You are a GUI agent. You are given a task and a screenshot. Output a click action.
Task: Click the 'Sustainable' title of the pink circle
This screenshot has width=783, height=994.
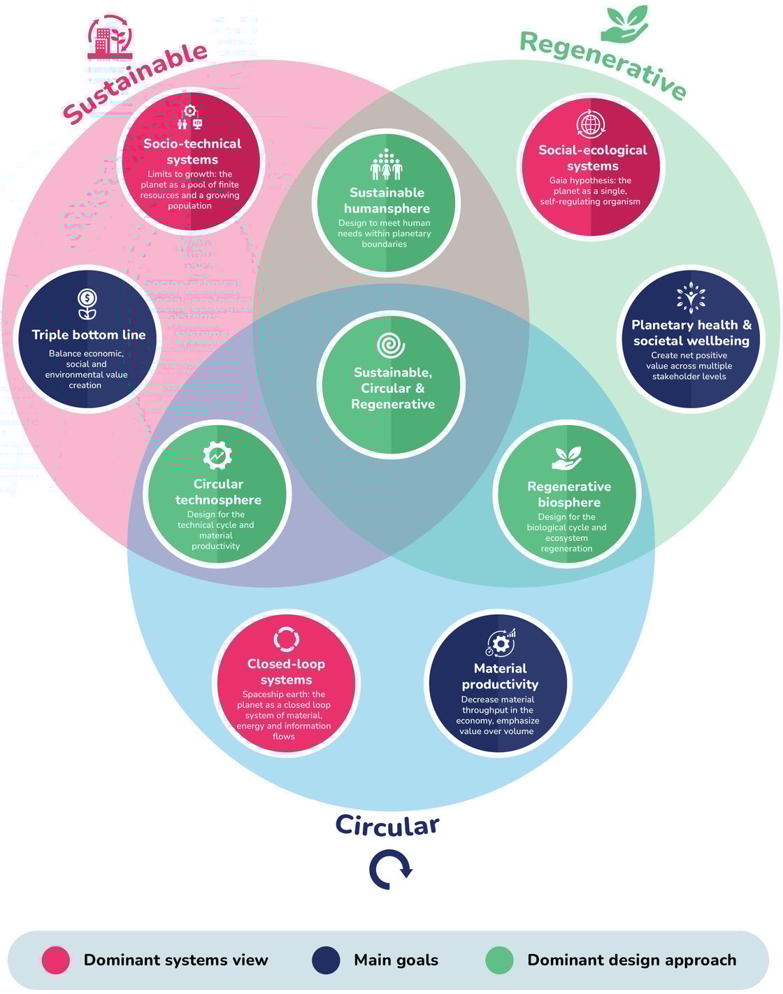pos(136,82)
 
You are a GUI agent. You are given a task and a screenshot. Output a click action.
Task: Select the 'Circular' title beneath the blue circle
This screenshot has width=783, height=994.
pos(387,825)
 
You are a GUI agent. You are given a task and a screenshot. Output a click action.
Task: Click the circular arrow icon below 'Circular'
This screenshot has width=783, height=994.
pos(390,870)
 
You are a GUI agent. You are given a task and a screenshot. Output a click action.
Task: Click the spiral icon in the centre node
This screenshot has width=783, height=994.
pos(391,345)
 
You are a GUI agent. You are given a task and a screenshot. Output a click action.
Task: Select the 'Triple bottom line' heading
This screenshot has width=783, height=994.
pos(89,335)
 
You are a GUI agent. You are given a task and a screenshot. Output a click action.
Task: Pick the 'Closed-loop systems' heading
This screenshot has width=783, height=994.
pos(286,672)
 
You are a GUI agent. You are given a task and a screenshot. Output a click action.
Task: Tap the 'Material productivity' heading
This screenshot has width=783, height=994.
pos(500,676)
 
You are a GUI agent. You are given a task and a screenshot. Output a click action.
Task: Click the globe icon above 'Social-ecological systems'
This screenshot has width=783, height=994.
pos(591,124)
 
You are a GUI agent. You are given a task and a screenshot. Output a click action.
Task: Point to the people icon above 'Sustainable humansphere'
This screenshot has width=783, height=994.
pos(386,165)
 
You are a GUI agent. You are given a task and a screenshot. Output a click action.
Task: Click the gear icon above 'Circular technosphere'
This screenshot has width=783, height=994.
pos(217,456)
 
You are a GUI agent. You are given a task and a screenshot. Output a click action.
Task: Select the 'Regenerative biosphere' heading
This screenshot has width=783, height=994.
pos(568,494)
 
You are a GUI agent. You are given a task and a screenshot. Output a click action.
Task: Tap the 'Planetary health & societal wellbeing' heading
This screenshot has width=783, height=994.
pos(691,333)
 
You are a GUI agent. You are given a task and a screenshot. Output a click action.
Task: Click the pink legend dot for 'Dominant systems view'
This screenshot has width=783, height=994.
pos(56,960)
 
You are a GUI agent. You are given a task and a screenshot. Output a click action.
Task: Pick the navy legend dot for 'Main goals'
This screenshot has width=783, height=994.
pos(326,960)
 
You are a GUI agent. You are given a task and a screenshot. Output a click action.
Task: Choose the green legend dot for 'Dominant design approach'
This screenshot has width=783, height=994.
pos(499,960)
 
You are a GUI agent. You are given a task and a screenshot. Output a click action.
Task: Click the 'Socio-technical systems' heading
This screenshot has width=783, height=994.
pos(192,152)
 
